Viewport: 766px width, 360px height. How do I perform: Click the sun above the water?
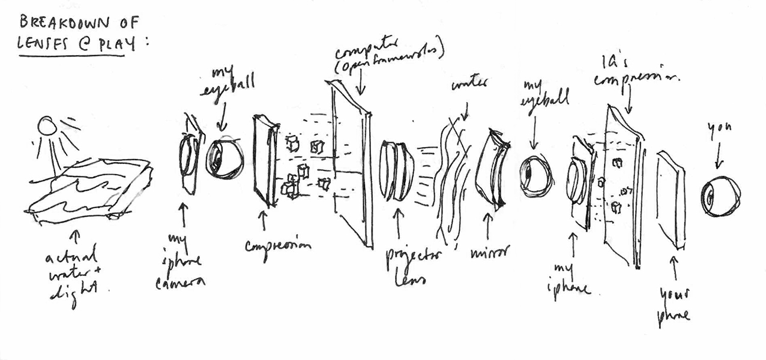coord(47,126)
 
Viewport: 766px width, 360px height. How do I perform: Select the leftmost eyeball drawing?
coord(225,158)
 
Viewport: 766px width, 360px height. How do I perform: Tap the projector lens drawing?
coord(397,170)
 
